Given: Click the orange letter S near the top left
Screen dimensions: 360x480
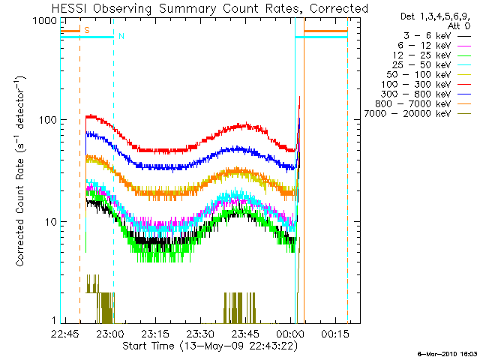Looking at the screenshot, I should pyautogui.click(x=87, y=30).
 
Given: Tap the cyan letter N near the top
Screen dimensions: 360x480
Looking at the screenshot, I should pyautogui.click(x=121, y=36).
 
